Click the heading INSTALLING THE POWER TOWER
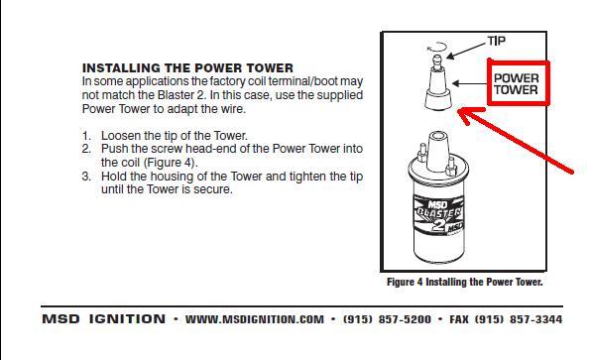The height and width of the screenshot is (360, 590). pyautogui.click(x=187, y=68)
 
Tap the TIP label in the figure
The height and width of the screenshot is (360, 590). pyautogui.click(x=497, y=41)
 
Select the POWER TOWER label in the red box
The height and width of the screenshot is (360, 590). pyautogui.click(x=516, y=84)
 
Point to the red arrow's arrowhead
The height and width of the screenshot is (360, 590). pyautogui.click(x=467, y=115)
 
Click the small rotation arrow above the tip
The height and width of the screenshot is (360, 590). pyautogui.click(x=437, y=47)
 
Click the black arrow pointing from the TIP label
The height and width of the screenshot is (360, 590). pyautogui.click(x=466, y=51)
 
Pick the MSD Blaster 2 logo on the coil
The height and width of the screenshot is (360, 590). pyautogui.click(x=438, y=215)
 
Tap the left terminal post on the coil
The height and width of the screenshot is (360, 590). pyautogui.click(x=422, y=153)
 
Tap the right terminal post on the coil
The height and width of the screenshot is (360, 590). pyautogui.click(x=450, y=166)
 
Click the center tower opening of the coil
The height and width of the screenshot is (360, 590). pyautogui.click(x=437, y=136)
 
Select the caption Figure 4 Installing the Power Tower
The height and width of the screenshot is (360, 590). pyautogui.click(x=465, y=282)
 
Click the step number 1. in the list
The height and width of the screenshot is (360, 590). pyautogui.click(x=86, y=136)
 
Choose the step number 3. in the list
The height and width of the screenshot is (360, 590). pyautogui.click(x=86, y=177)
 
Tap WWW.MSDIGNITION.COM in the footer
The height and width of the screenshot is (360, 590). pyautogui.click(x=255, y=319)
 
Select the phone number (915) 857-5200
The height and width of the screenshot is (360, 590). pyautogui.click(x=387, y=319)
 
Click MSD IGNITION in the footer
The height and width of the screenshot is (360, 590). pyautogui.click(x=103, y=319)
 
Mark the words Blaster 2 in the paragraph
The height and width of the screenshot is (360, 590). pyautogui.click(x=181, y=95)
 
